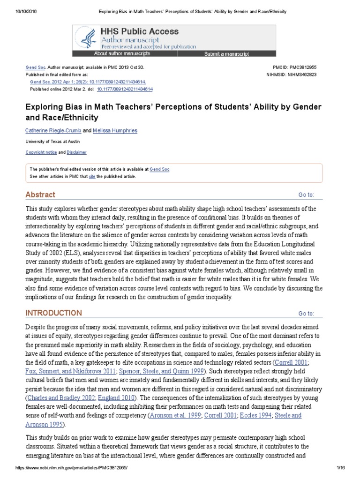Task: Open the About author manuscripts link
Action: (x=122, y=54)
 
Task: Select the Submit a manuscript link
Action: (x=226, y=54)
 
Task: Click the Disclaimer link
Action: (x=77, y=152)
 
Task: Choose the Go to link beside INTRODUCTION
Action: (x=306, y=314)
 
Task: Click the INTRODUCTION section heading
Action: (x=53, y=313)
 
